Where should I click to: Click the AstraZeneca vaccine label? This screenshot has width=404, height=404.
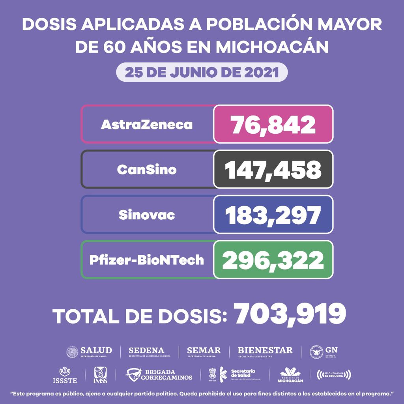coord(147,125)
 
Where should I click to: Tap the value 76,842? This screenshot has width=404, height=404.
coord(273,125)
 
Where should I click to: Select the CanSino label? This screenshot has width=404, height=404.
coord(147,170)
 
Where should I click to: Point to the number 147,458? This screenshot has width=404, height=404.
coord(273,170)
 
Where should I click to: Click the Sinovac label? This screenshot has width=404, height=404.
coord(147,215)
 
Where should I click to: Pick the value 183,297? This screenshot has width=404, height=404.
coord(273,215)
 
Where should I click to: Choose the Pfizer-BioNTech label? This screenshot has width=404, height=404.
coord(147,260)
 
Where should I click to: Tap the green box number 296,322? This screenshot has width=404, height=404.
coord(273,260)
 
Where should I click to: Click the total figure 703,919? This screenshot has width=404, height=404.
coord(290,314)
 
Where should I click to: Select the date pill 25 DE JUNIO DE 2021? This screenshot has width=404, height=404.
coord(202,73)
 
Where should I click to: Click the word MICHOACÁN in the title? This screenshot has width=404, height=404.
coord(273,47)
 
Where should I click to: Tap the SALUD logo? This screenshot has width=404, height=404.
coord(89,352)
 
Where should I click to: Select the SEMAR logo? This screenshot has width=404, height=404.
coord(204,352)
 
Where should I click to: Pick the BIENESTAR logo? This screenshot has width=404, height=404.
coord(265,352)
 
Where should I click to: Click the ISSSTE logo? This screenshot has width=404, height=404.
coord(65,375)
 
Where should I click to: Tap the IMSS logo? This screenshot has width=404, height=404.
coord(100,375)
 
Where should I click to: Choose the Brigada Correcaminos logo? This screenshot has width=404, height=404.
coord(159,375)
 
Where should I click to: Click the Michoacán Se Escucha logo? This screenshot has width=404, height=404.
coord(334,374)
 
